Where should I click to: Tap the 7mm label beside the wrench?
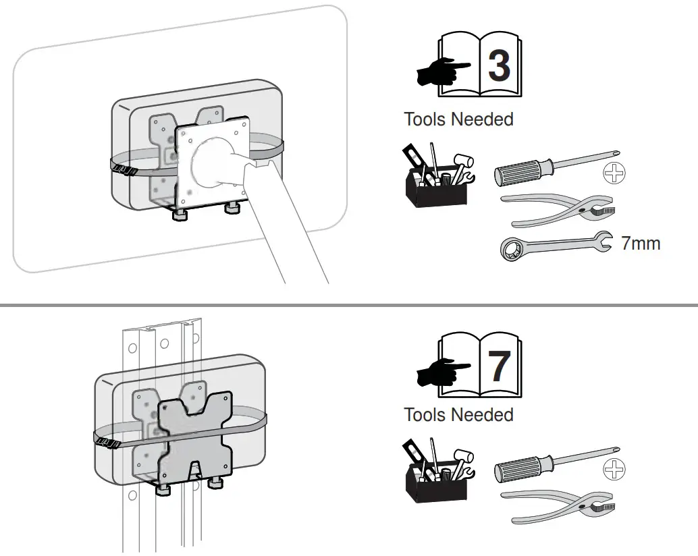tap(640, 243)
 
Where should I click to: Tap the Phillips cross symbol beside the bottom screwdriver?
tap(614, 468)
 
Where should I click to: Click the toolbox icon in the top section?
tap(437, 177)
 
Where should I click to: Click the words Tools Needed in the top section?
tap(458, 119)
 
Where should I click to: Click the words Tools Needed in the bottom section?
tap(458, 414)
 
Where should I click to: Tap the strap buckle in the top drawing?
tap(124, 169)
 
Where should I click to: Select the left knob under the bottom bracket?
tap(163, 489)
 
